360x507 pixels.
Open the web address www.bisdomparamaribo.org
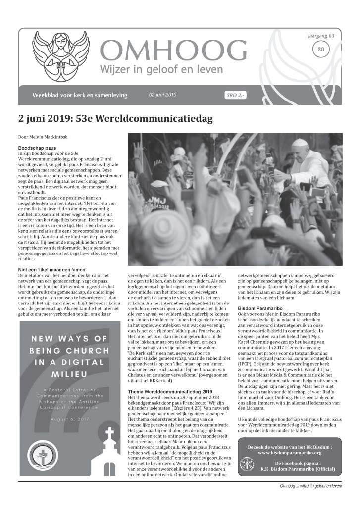(290, 453)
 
